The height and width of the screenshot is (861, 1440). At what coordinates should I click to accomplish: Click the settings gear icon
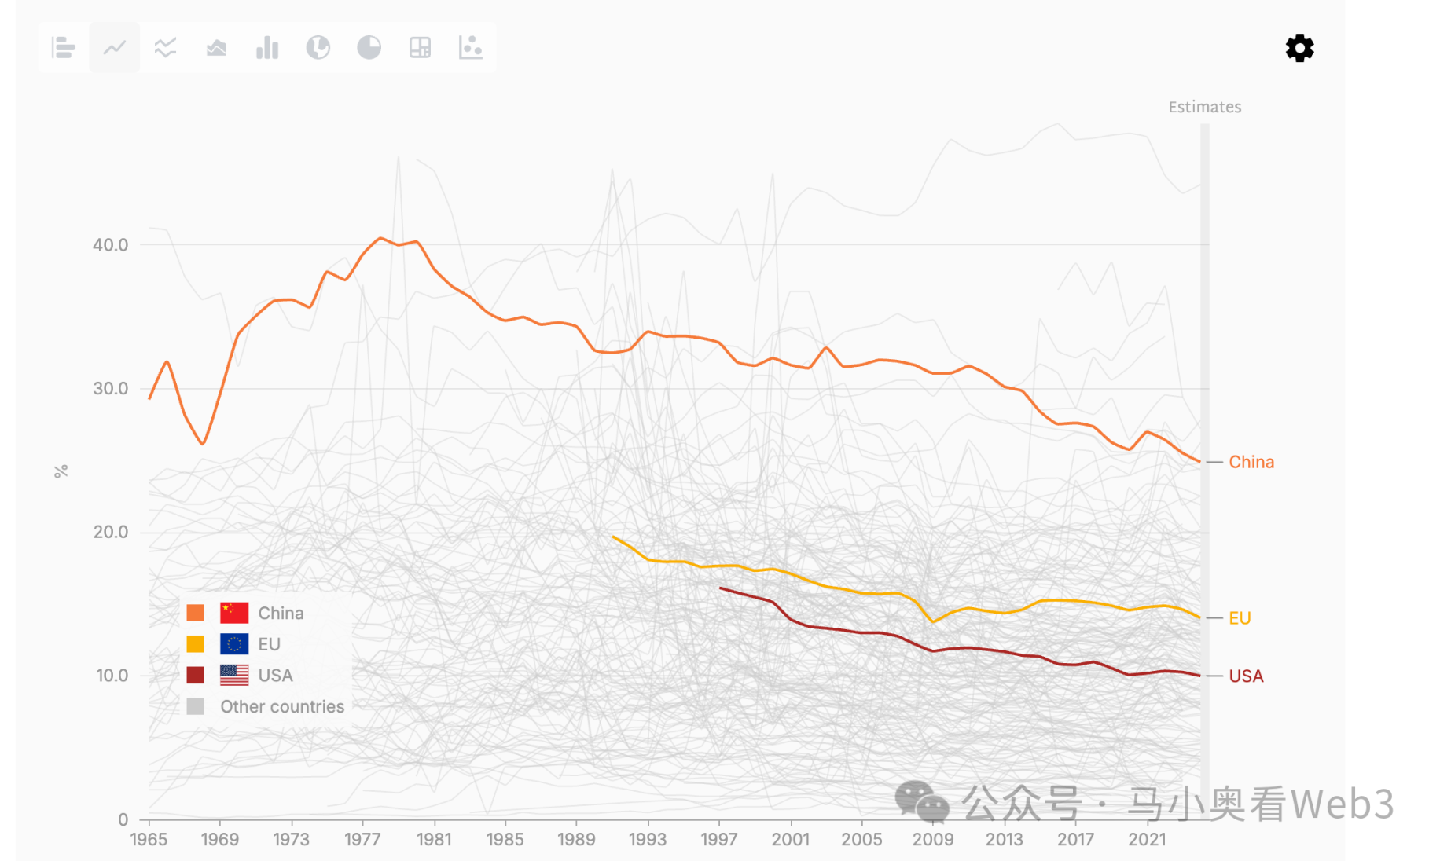tap(1299, 48)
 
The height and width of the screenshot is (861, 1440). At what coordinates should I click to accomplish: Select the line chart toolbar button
tap(115, 48)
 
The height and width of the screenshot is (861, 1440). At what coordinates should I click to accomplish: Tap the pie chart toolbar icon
tap(369, 48)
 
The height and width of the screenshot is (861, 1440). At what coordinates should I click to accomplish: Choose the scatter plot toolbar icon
tap(470, 48)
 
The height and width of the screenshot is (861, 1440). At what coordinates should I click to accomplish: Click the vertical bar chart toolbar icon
tap(267, 48)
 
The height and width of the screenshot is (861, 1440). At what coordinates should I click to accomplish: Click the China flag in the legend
tap(234, 613)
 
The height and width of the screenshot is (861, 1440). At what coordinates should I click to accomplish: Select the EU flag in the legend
tap(234, 644)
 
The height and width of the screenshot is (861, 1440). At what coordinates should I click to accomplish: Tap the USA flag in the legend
tap(234, 675)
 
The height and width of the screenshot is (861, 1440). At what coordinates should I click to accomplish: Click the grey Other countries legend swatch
tap(196, 706)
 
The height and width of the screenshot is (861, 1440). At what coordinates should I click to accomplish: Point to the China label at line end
tap(1251, 462)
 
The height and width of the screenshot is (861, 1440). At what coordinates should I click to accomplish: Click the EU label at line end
tap(1240, 618)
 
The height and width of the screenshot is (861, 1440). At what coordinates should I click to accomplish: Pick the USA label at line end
tap(1246, 676)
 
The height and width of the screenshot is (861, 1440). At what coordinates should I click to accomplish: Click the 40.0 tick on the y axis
tap(110, 245)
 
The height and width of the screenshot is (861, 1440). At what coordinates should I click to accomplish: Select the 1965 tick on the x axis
tap(149, 840)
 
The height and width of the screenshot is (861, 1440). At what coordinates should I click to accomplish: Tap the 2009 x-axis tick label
tap(932, 840)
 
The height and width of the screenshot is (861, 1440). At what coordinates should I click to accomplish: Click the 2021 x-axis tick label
tap(1147, 840)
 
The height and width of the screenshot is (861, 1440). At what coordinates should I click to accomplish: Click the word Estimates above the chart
tap(1204, 108)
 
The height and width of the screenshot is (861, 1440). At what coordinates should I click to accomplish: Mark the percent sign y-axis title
tap(61, 471)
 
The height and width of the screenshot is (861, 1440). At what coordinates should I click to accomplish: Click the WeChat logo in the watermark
tap(921, 801)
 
